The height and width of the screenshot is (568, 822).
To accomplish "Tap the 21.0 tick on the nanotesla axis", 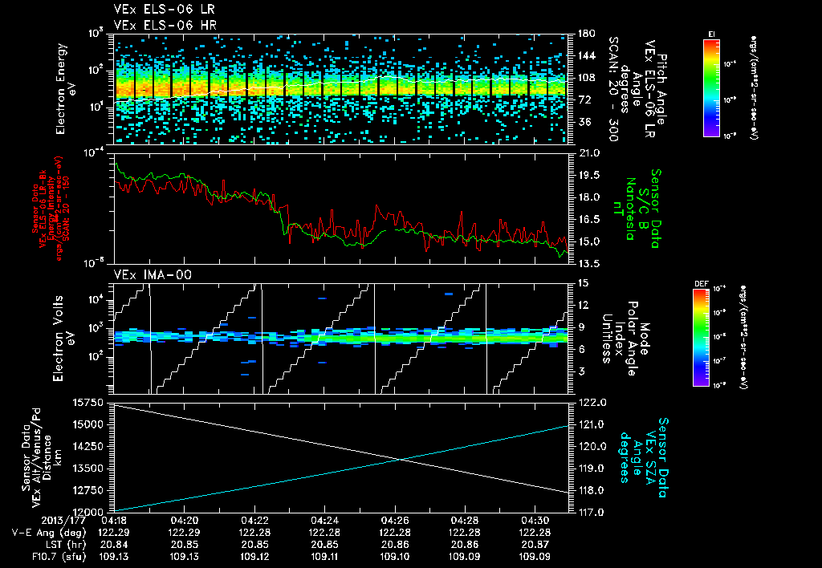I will [588, 152].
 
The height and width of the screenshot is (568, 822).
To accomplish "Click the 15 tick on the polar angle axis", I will [582, 282].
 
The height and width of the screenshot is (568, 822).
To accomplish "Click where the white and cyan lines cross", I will [401, 459].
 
